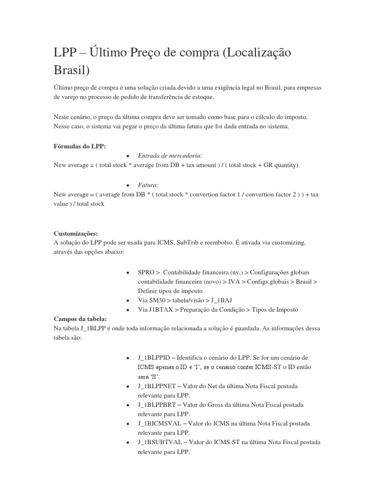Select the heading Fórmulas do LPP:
(79, 146)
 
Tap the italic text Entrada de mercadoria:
(164, 155)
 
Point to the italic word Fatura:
(148, 185)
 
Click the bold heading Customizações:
(76, 233)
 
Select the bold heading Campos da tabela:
(80, 319)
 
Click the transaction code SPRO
(146, 272)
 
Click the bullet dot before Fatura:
(127, 186)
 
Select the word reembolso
(223, 243)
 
